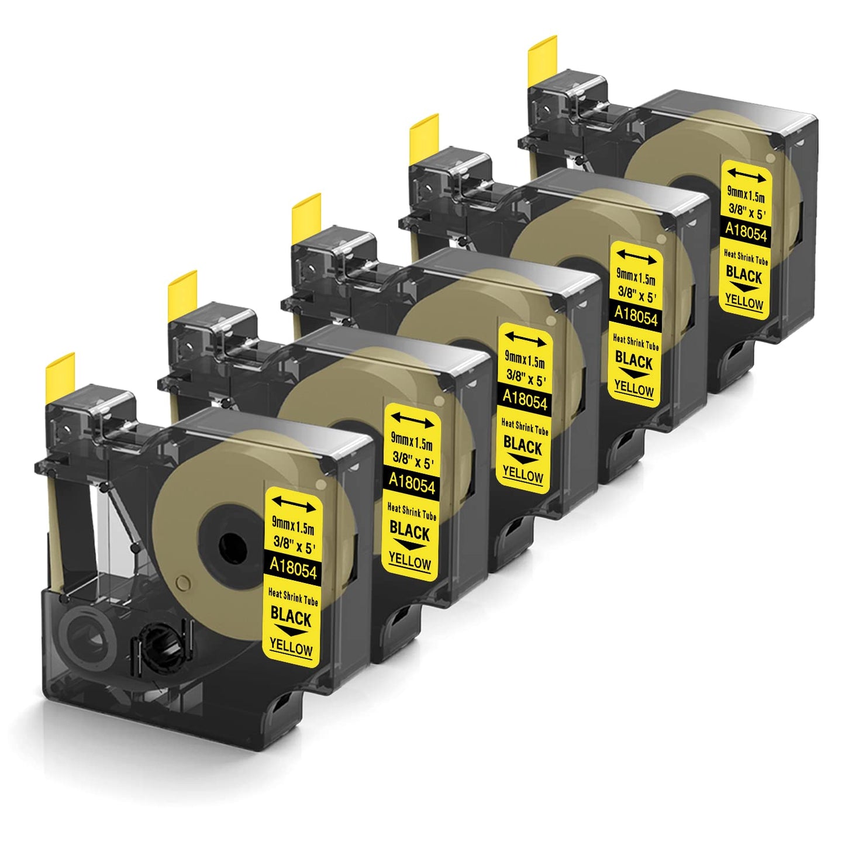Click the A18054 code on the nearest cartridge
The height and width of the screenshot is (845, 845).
click(x=293, y=568)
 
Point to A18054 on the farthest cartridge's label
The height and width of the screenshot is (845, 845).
click(x=746, y=231)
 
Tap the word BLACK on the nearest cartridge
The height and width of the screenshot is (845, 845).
click(x=291, y=616)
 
